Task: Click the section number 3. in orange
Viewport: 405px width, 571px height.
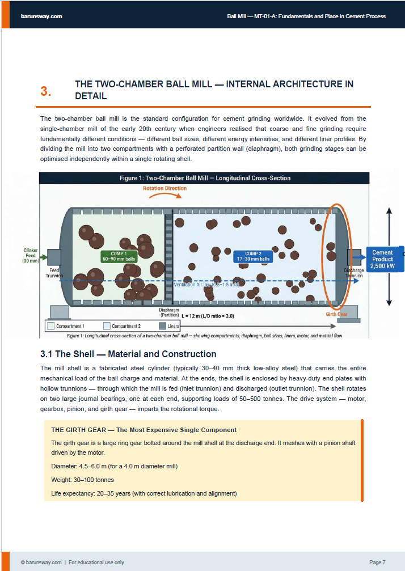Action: click(46, 91)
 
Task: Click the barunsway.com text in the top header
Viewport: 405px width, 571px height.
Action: click(41, 16)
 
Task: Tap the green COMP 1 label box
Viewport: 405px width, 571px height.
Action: click(119, 256)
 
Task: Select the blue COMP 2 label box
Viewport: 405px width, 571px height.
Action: click(253, 256)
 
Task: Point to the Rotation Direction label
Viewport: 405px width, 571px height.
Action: click(164, 188)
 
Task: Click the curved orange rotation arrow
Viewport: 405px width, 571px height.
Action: click(164, 196)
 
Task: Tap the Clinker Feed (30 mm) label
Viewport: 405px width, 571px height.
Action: click(31, 256)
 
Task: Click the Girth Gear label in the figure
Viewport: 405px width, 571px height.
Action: click(336, 314)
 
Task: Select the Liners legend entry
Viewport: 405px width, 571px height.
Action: click(185, 326)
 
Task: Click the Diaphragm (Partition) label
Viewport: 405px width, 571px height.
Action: click(168, 312)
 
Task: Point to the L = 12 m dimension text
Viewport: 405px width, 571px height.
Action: click(208, 315)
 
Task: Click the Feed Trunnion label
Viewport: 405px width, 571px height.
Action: click(54, 273)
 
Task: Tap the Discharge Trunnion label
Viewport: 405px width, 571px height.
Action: click(353, 273)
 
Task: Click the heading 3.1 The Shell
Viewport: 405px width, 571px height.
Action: click(128, 354)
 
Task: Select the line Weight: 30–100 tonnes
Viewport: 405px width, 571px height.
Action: click(82, 480)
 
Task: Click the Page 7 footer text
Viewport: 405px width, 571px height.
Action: click(377, 562)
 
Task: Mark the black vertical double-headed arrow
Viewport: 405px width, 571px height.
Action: click(389, 257)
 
